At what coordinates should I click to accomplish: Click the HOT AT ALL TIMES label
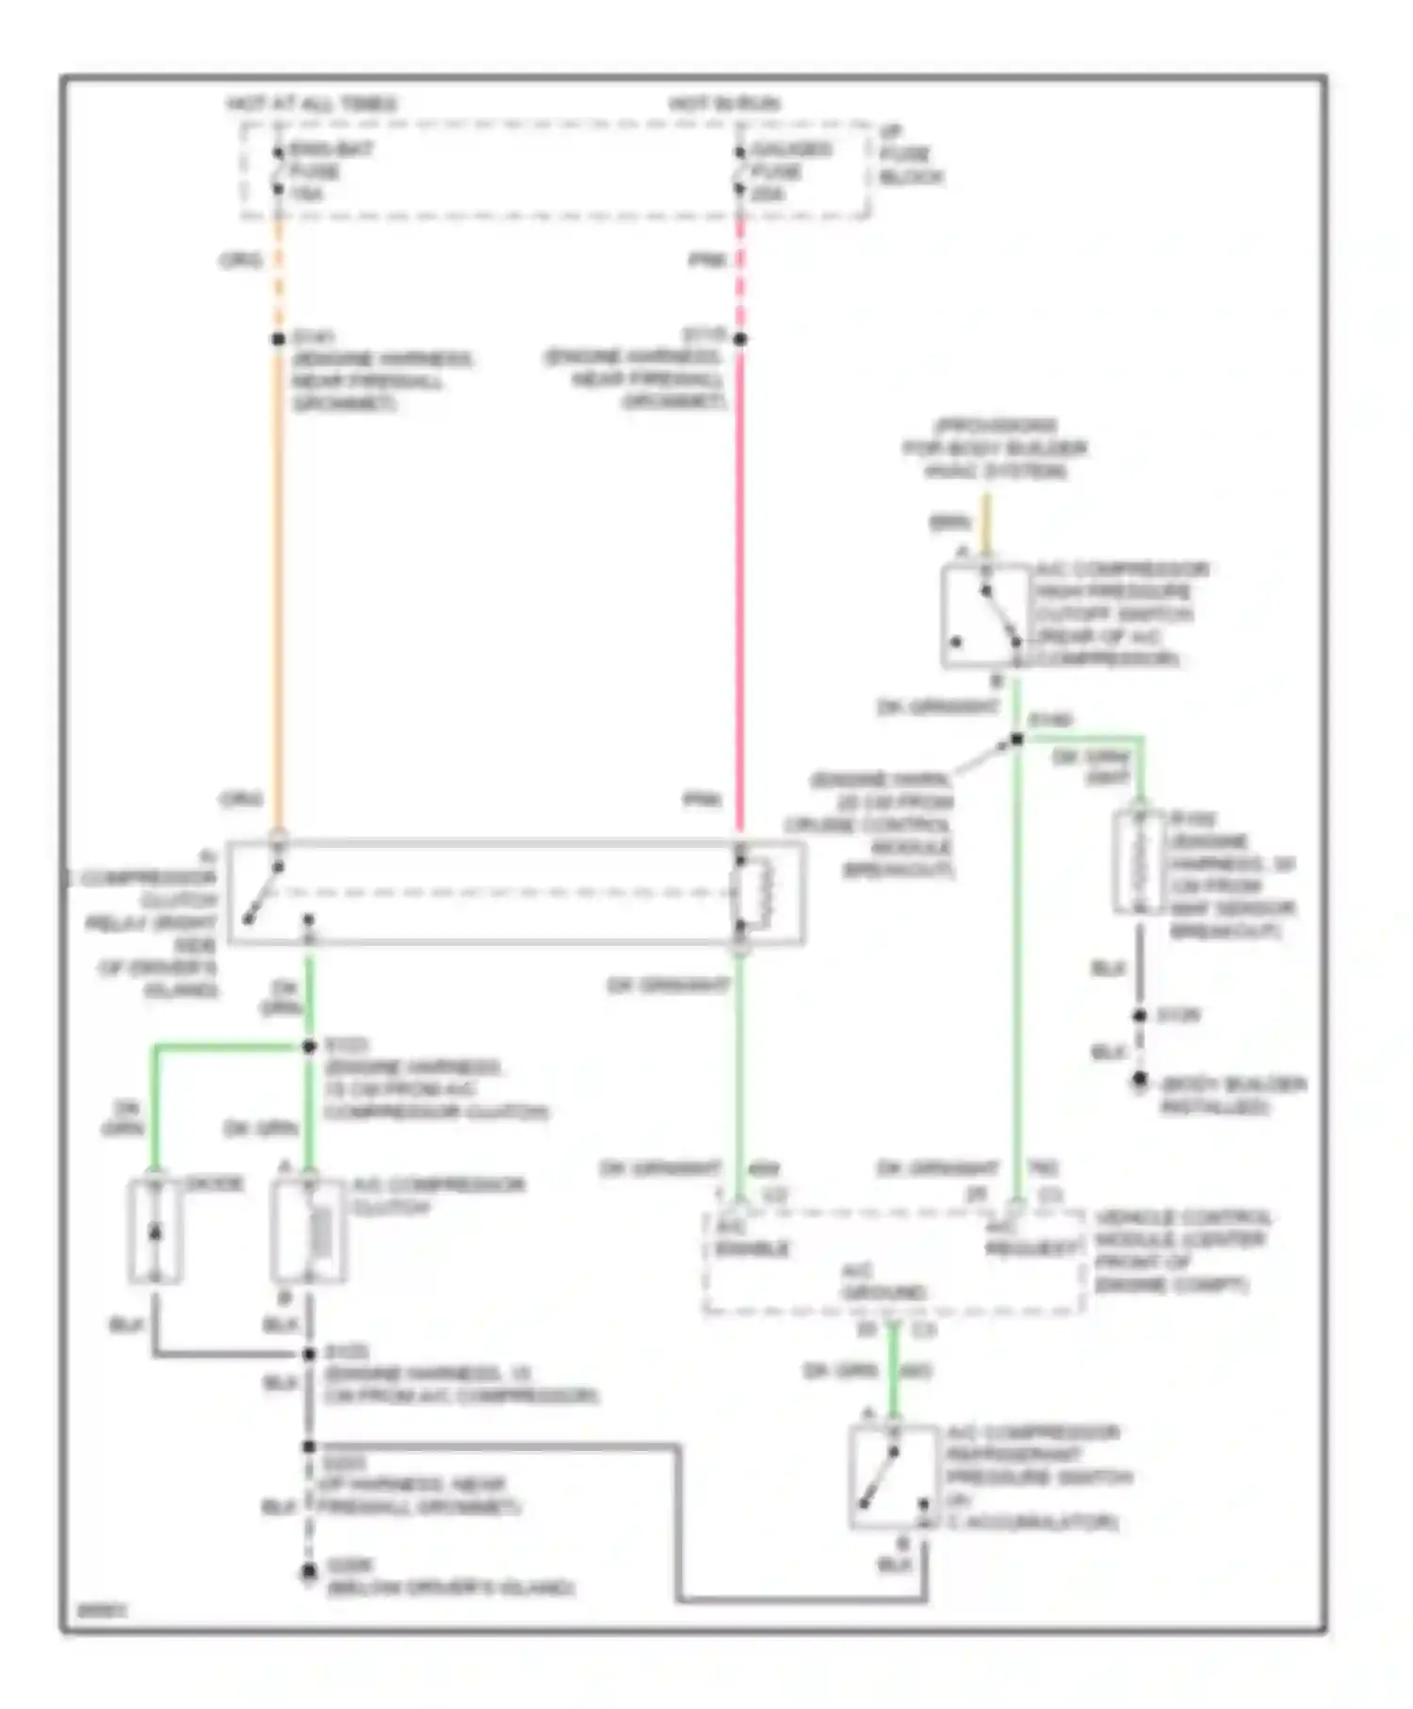[312, 104]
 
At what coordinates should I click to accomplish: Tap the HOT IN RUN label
[724, 104]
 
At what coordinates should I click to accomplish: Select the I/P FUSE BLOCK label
[911, 155]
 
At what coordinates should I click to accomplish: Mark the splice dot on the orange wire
[278, 339]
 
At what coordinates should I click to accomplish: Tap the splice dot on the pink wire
[740, 339]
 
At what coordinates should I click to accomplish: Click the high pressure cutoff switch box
[985, 617]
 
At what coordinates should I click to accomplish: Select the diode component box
[155, 1230]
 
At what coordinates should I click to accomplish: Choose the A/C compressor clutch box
[309, 1230]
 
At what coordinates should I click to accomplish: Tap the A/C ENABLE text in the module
[752, 1238]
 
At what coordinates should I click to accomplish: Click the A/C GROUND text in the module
[883, 1282]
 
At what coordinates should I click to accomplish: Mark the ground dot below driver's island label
[308, 1572]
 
